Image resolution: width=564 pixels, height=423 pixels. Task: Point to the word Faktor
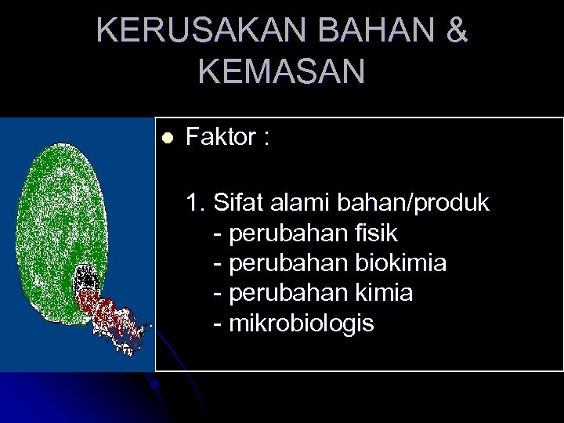[221, 138]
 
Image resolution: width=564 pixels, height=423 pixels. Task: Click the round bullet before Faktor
[165, 139]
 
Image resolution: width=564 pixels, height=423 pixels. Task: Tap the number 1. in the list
[196, 204]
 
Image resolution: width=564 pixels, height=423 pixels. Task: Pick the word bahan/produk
[412, 204]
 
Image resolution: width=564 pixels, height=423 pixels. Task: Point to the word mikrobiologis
[302, 323]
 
